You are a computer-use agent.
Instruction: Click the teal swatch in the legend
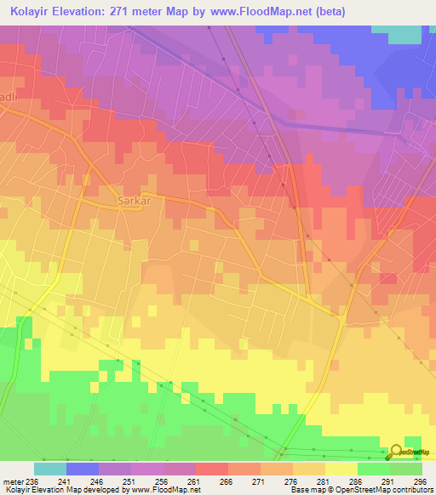49,469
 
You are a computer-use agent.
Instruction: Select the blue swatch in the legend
82,469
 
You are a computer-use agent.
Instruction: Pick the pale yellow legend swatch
341,469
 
